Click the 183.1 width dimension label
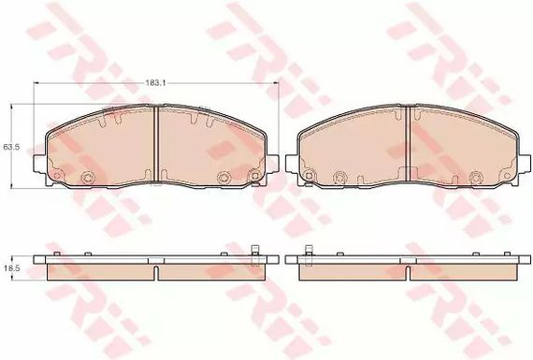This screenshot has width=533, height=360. [153, 82]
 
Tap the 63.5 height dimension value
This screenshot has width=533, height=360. [9, 147]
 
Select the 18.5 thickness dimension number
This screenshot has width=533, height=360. [9, 268]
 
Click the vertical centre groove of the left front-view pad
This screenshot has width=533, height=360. [156, 145]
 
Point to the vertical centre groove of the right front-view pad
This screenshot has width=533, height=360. [409, 144]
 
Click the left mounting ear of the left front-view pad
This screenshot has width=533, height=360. [39, 164]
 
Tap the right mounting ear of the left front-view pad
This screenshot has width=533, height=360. [273, 164]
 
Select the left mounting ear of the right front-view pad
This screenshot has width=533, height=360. [292, 164]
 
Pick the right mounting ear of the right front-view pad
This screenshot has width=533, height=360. [525, 164]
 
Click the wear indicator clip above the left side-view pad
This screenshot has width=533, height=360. [254, 255]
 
